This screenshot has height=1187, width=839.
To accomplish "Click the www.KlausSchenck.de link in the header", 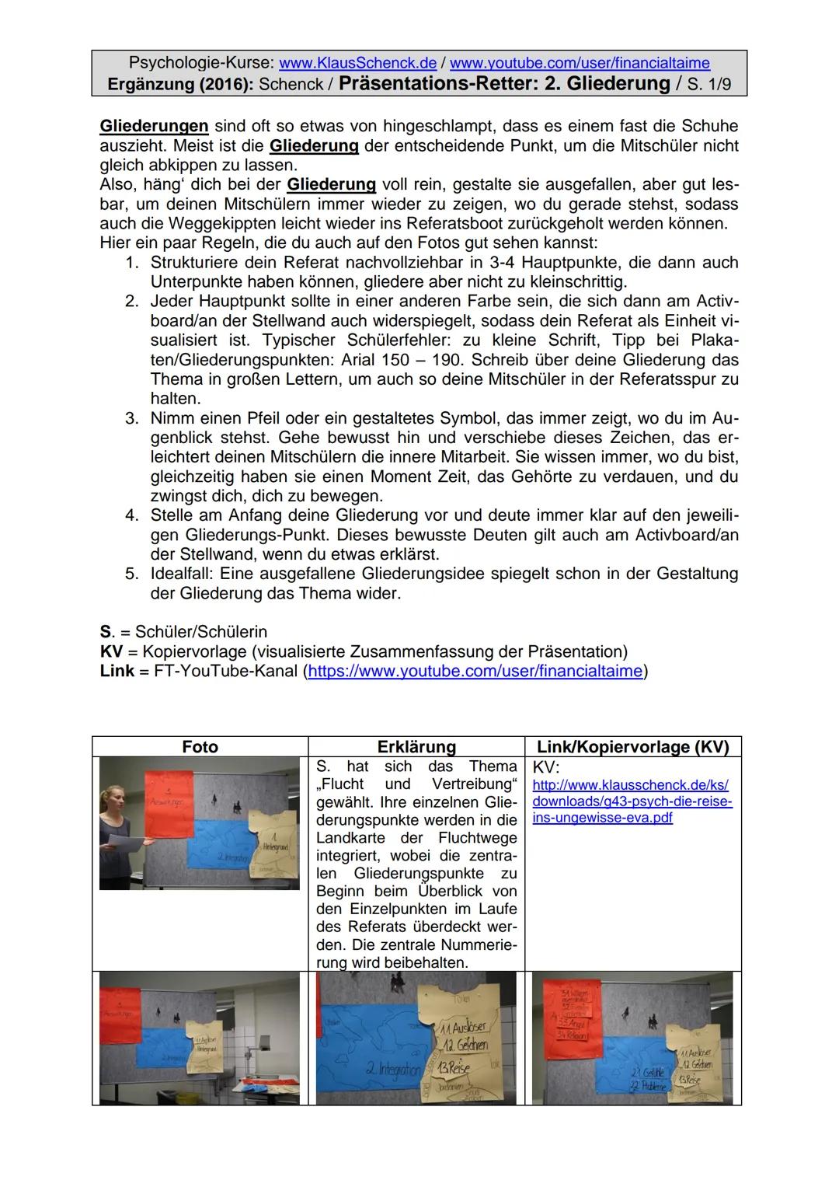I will click(357, 62).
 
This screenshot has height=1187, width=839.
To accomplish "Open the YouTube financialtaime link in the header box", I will click(580, 62).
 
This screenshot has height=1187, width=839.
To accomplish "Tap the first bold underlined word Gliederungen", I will click(154, 125).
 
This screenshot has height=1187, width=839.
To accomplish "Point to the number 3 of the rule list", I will click(132, 418).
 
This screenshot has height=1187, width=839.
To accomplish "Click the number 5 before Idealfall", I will click(132, 574).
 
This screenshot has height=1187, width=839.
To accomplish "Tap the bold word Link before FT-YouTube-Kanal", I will click(117, 671).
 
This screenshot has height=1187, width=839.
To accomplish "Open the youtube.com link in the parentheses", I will click(475, 671).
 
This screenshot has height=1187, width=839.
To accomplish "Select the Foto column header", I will click(200, 747).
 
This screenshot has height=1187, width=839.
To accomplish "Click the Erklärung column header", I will click(416, 747).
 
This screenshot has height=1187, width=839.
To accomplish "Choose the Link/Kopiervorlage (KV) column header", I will click(633, 747).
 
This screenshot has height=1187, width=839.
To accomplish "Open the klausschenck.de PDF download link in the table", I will click(632, 801).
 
